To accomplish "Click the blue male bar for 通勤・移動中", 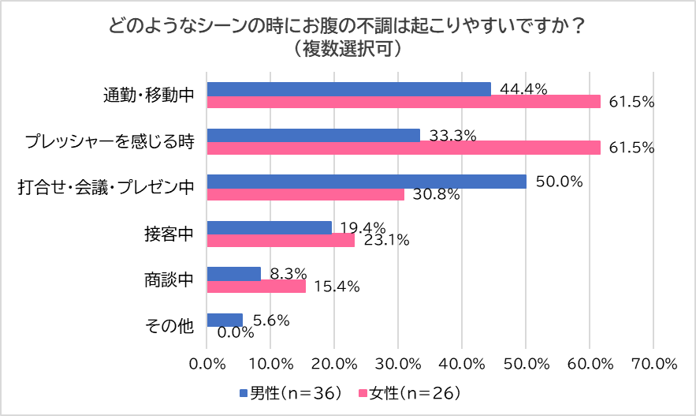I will point(348,89).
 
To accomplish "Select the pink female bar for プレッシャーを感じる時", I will point(403,148).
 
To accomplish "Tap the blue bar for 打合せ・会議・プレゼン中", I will point(366,182).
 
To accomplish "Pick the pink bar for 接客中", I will point(280,241).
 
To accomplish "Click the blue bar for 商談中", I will point(233,273).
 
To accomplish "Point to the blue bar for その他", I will point(225,320).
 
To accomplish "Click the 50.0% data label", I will point(559,182).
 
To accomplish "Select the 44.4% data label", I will point(524,89).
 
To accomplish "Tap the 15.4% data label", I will point(337,287).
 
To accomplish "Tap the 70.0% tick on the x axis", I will point(654,364).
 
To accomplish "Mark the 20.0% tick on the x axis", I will point(334,364).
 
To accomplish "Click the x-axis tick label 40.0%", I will point(462,364).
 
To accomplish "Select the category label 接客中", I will point(169,234).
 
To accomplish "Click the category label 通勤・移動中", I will point(148,96).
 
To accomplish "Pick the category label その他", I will point(170,326).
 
